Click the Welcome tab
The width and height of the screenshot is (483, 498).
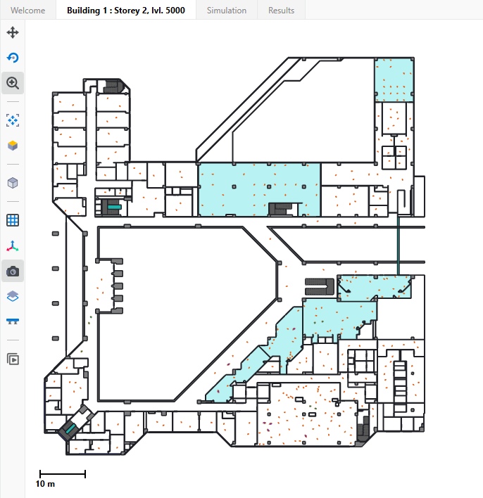pos(28,11)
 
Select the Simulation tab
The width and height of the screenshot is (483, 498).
pos(226,11)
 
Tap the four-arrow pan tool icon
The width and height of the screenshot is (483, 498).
pos(13,33)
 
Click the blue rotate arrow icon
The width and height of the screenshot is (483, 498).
pos(13,58)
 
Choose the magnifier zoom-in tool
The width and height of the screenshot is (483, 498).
pos(13,83)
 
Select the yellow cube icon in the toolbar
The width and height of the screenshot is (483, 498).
pos(13,146)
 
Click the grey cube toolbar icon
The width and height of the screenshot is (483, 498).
pos(13,183)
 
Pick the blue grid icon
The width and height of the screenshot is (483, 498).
pos(13,220)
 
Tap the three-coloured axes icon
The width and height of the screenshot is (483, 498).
pos(13,246)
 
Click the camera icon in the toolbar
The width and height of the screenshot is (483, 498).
pos(13,272)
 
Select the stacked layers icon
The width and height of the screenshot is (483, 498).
pos(13,297)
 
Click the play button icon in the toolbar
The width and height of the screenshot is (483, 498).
pos(13,359)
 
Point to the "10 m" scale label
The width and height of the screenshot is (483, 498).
pos(46,485)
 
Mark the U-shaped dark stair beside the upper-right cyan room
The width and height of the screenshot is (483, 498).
pos(320,286)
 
